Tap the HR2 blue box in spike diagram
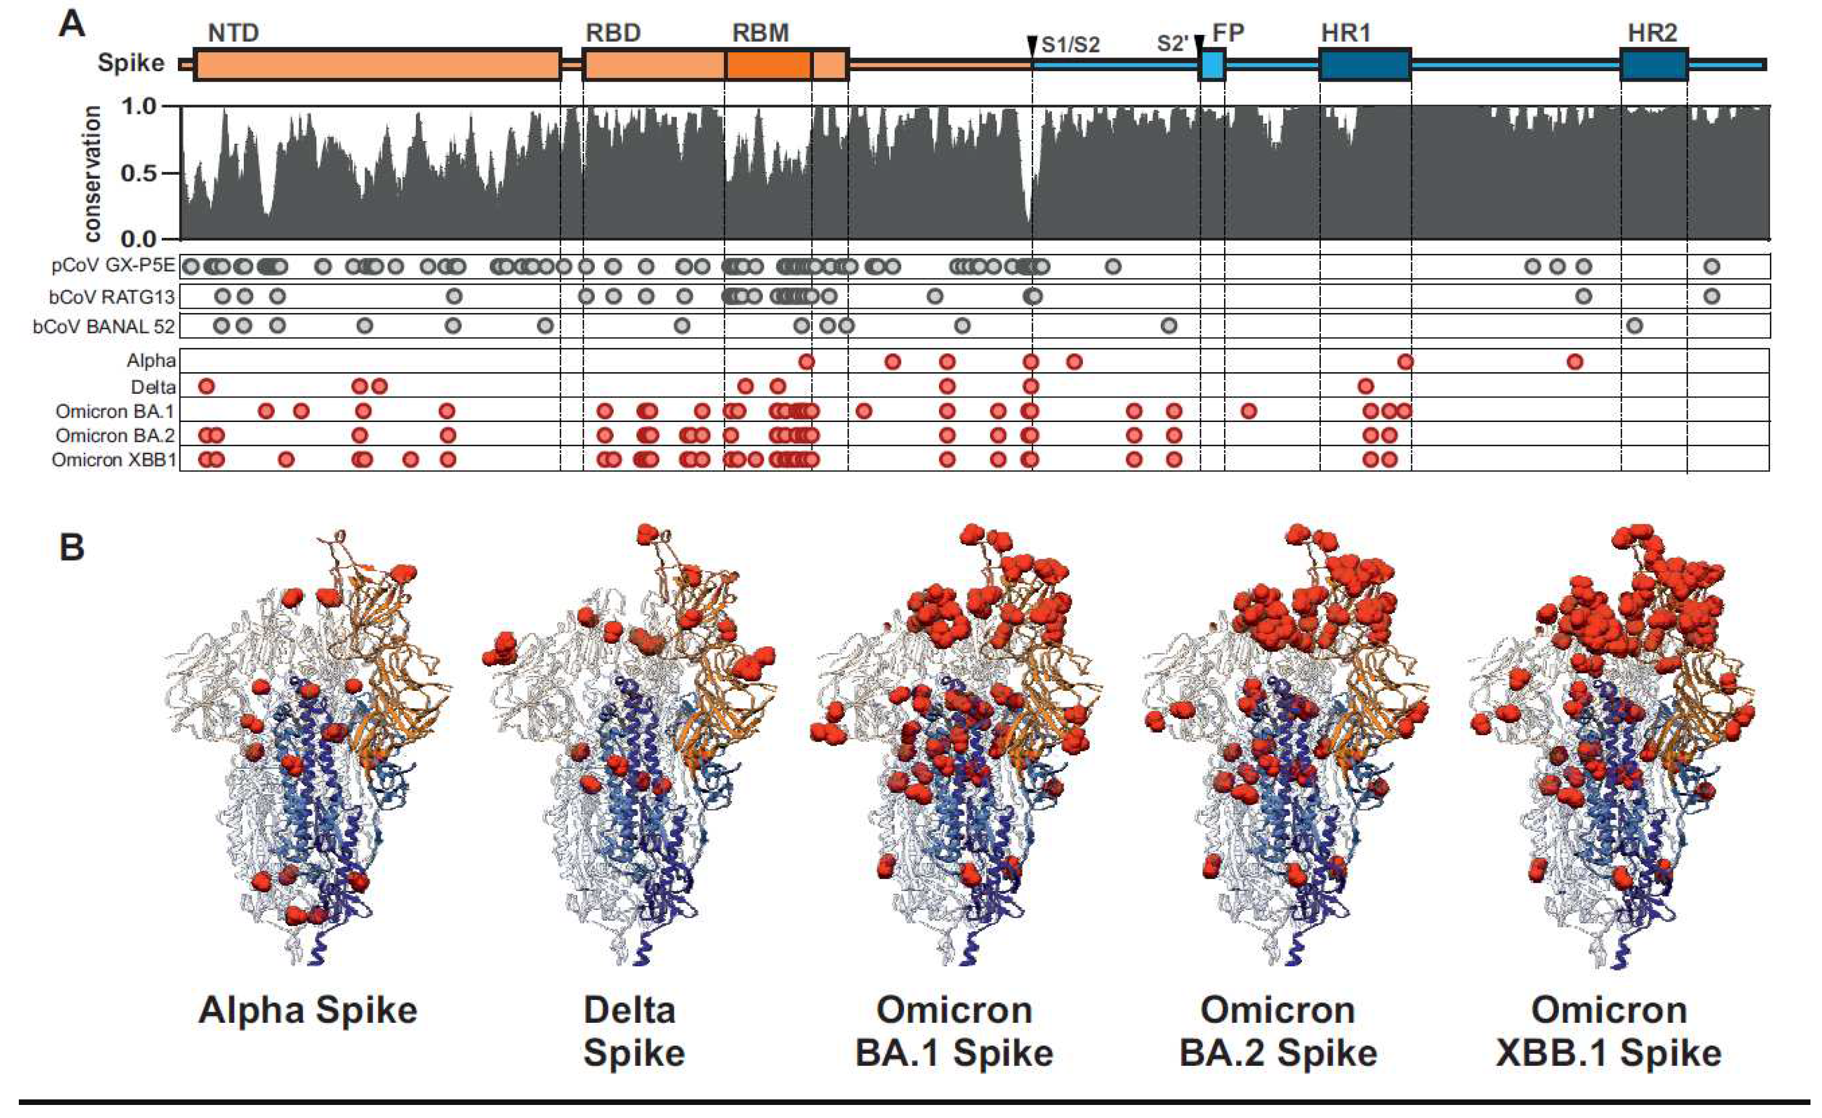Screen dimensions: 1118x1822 point(1654,65)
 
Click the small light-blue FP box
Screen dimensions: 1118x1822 point(1212,64)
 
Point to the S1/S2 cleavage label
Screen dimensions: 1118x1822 point(1070,45)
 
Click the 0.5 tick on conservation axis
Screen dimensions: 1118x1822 point(141,173)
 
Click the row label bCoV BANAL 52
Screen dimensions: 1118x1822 point(104,326)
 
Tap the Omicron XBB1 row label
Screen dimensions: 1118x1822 point(115,460)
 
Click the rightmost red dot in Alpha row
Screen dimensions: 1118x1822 point(1575,361)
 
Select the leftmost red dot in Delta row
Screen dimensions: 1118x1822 point(206,386)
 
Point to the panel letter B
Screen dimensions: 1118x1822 point(72,548)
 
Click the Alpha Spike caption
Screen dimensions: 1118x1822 point(308,1010)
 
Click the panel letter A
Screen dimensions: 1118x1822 point(72,25)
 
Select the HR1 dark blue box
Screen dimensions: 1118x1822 point(1365,65)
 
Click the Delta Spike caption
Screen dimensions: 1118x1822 point(633,1032)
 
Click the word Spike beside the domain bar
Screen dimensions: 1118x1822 point(131,63)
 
